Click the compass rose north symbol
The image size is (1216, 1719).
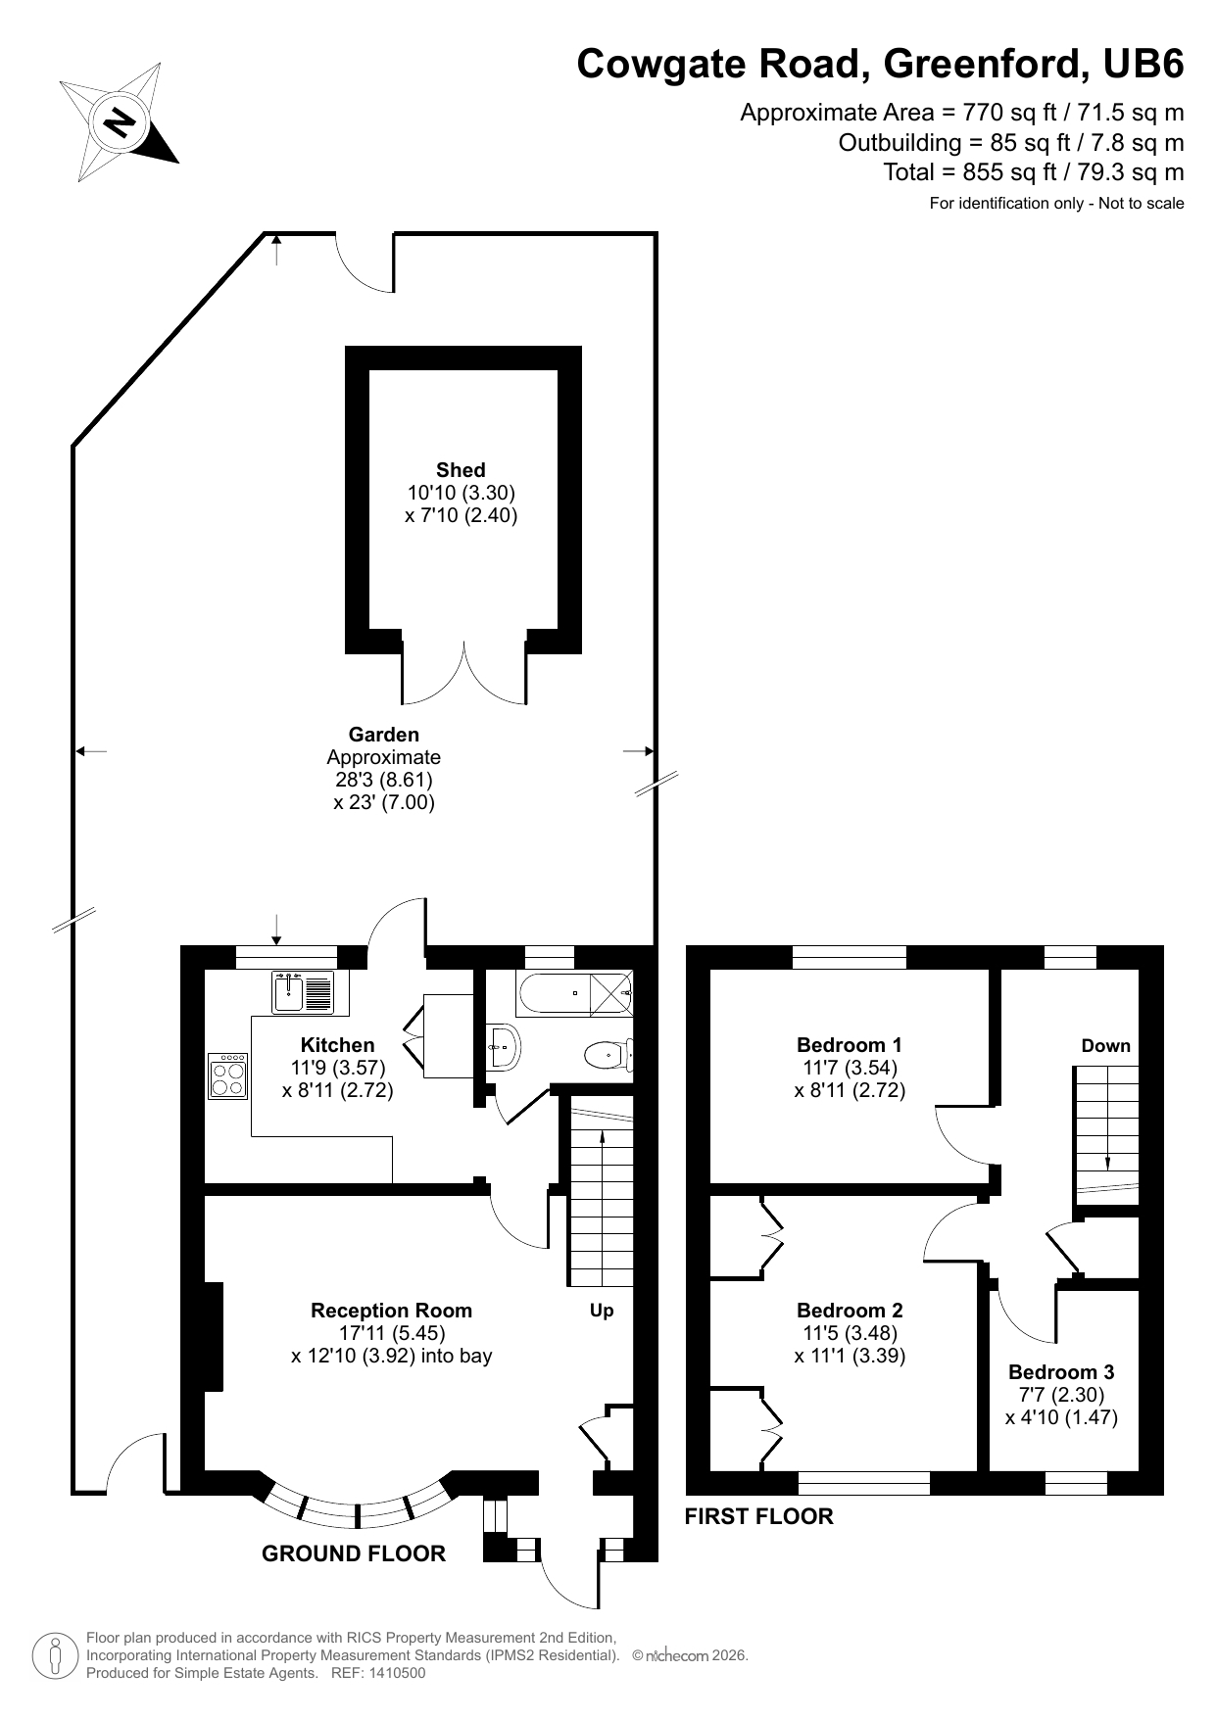click(119, 123)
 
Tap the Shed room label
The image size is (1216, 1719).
click(461, 470)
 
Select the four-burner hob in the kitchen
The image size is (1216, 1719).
click(228, 1075)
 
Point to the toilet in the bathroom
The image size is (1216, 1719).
click(608, 1055)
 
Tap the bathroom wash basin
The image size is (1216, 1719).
click(504, 1046)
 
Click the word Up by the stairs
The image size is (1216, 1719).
click(602, 1311)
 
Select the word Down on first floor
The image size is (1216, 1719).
click(1105, 1046)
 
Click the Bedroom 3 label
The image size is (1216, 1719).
click(1061, 1372)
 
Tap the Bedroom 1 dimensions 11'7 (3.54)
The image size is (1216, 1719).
click(850, 1068)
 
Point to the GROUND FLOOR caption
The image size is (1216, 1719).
click(353, 1553)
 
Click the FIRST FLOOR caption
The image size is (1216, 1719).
click(758, 1516)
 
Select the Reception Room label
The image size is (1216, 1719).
click(391, 1311)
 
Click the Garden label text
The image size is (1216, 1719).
click(383, 735)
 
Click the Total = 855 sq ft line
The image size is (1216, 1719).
click(1033, 172)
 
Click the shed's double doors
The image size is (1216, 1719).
click(463, 676)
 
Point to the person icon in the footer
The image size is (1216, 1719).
click(55, 1655)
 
